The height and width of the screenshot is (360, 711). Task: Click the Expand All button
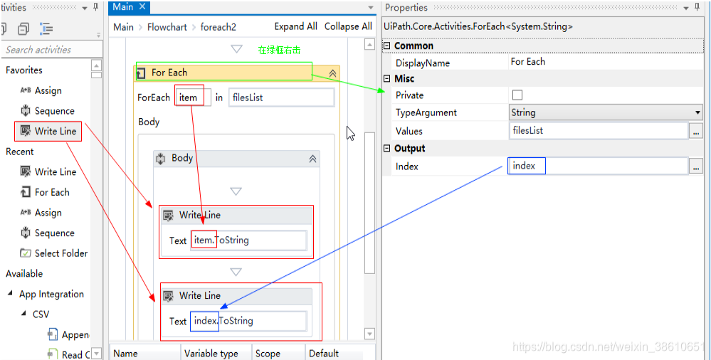coord(295,26)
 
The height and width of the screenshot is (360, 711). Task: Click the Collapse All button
coord(348,26)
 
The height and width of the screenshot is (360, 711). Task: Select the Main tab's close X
coord(142,7)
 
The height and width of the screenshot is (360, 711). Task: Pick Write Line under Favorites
coord(55,131)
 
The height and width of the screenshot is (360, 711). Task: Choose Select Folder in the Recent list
coord(60,253)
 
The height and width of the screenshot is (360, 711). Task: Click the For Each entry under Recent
coord(52,192)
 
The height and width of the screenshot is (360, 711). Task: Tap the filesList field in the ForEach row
coord(281,97)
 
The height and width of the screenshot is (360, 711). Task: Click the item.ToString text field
coord(249,240)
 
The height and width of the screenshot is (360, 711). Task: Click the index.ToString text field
coord(249,321)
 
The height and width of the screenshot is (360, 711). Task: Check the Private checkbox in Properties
coord(517,95)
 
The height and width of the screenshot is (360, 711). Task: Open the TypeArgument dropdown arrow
coord(697,112)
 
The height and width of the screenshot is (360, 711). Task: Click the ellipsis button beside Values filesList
coord(696,131)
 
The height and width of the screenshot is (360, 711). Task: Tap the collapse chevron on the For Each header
coord(332,73)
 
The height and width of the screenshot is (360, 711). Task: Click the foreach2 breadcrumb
coord(218,27)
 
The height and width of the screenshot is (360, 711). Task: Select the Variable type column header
coord(211,354)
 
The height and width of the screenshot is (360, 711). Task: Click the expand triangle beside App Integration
coord(11,294)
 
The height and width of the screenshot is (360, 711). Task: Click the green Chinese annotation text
coord(279,51)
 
